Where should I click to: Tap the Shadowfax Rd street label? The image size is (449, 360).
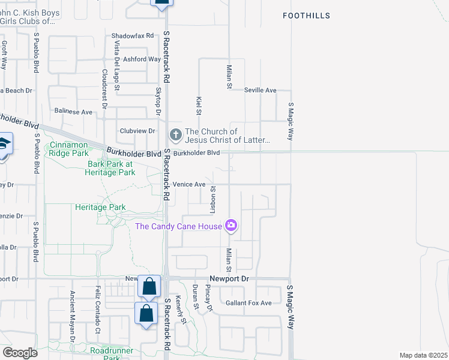click(133, 36)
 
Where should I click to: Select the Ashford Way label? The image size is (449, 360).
click(142, 59)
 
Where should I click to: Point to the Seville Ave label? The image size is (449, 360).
click(260, 90)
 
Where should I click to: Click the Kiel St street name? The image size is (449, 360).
click(198, 104)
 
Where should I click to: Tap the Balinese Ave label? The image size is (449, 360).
click(73, 112)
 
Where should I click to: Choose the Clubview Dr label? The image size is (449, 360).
click(137, 131)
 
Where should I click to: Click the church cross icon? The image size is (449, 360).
click(175, 133)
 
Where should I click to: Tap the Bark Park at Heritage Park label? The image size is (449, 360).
click(112, 167)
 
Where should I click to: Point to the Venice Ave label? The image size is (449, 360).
click(189, 184)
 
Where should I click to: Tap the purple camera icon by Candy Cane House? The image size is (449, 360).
click(231, 226)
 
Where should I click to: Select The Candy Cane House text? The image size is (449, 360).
click(178, 226)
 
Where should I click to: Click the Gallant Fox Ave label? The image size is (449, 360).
click(249, 303)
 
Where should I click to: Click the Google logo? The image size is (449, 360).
click(20, 353)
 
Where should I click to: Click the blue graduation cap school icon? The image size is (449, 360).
click(3, 145)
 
